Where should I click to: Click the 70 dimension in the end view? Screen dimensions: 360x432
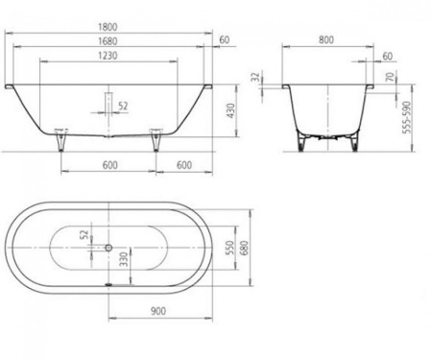tap(387, 78)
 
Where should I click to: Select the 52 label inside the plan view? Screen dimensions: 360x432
tap(84, 233)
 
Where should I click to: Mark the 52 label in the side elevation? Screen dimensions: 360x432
tap(123, 106)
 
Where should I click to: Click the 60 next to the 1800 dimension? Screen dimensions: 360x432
tap(225, 39)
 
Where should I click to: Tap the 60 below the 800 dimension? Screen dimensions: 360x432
tap(387, 57)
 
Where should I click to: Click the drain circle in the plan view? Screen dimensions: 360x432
tap(108, 244)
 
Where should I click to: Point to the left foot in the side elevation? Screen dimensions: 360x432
tap(62, 142)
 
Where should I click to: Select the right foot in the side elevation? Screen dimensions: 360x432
tap(154, 142)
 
